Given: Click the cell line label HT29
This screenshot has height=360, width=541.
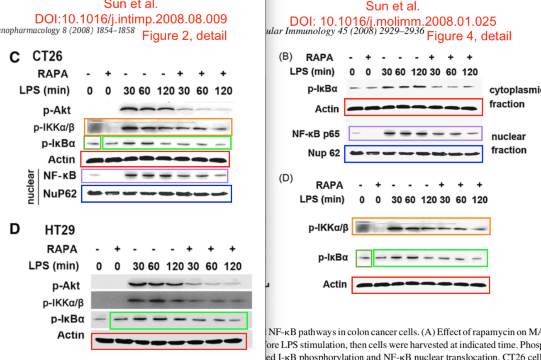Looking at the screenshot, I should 60,231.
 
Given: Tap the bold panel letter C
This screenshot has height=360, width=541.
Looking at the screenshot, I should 15,58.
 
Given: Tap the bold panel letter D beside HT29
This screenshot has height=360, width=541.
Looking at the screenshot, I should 15,229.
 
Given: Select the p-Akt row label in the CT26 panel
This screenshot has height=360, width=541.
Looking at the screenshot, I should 57,110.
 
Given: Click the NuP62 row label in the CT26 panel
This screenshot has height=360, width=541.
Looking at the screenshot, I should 60,193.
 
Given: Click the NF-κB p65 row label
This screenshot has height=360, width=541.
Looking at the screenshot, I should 316,134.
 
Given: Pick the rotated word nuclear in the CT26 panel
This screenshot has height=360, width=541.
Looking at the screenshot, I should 30,185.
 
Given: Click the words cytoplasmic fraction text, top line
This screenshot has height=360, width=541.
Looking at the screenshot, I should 515,90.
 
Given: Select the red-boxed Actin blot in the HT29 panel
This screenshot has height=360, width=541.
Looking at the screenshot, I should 169,341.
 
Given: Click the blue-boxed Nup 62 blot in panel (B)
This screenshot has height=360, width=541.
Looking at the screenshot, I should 413,153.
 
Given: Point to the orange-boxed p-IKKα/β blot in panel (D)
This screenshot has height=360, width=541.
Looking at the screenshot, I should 421,226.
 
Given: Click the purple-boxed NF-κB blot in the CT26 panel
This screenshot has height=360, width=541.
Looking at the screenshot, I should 155,176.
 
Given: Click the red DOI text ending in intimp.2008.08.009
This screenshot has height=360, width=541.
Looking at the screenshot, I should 131,19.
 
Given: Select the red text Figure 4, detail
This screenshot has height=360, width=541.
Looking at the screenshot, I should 469,36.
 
